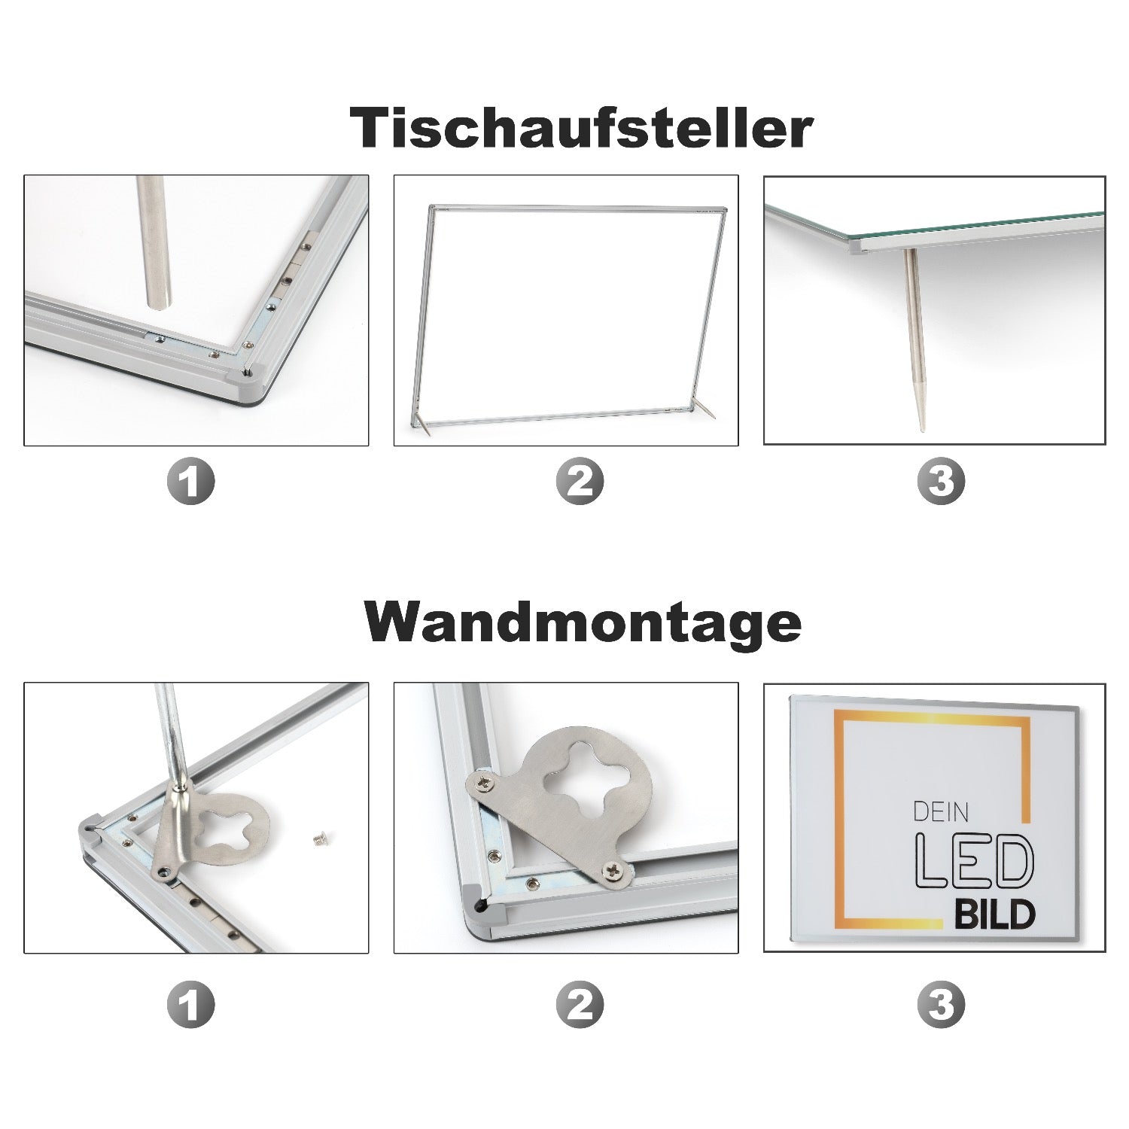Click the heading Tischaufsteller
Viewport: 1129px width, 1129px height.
(x=581, y=128)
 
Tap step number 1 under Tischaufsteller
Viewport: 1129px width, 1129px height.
(x=190, y=481)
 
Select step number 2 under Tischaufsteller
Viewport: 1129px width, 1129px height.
(x=580, y=481)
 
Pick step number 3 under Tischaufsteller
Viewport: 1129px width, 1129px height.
(x=941, y=481)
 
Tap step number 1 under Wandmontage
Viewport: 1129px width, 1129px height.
(x=190, y=1005)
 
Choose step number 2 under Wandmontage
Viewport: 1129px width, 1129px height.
(x=580, y=1005)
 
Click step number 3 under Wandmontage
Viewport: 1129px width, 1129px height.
(x=941, y=1005)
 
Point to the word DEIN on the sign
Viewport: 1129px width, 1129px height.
(x=940, y=812)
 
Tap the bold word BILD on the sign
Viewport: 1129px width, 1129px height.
(x=995, y=915)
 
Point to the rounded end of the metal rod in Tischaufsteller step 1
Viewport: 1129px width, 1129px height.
(x=159, y=303)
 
